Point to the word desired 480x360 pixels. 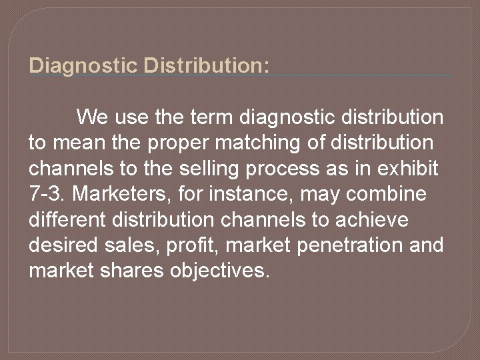click(65, 245)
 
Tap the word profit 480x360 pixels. click(195, 245)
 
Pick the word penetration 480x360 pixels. click(347, 245)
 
